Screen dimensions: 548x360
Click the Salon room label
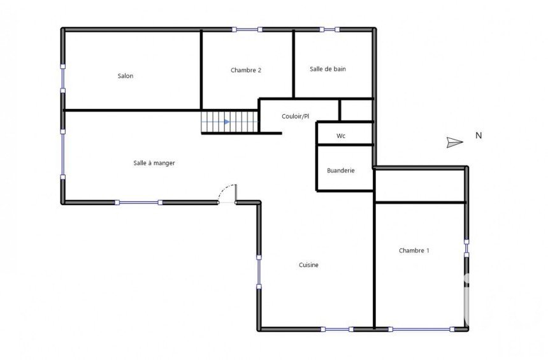pyautogui.click(x=126, y=76)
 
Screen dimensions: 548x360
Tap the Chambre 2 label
pyautogui.click(x=246, y=70)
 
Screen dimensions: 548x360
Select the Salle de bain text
pyautogui.click(x=328, y=69)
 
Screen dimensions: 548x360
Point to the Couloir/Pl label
pyautogui.click(x=296, y=117)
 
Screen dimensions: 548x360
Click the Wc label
pyautogui.click(x=341, y=136)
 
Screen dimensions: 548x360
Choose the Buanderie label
pyautogui.click(x=341, y=170)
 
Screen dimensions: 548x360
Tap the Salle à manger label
pyautogui.click(x=154, y=163)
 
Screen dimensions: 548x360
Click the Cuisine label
pyautogui.click(x=308, y=265)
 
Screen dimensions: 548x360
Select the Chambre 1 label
pyautogui.click(x=414, y=250)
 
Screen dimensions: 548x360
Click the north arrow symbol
pyautogui.click(x=455, y=142)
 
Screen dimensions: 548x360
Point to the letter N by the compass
pyautogui.click(x=479, y=135)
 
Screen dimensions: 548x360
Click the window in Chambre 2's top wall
pyautogui.click(x=247, y=30)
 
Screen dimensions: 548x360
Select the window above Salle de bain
pyautogui.click(x=329, y=30)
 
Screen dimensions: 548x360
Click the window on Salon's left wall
pyautogui.click(x=63, y=78)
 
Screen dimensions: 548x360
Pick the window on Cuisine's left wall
pyautogui.click(x=259, y=272)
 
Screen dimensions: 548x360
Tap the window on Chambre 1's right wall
pyautogui.click(x=466, y=248)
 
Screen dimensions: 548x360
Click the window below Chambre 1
pyautogui.click(x=421, y=329)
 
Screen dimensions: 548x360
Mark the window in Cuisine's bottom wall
pyautogui.click(x=337, y=329)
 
